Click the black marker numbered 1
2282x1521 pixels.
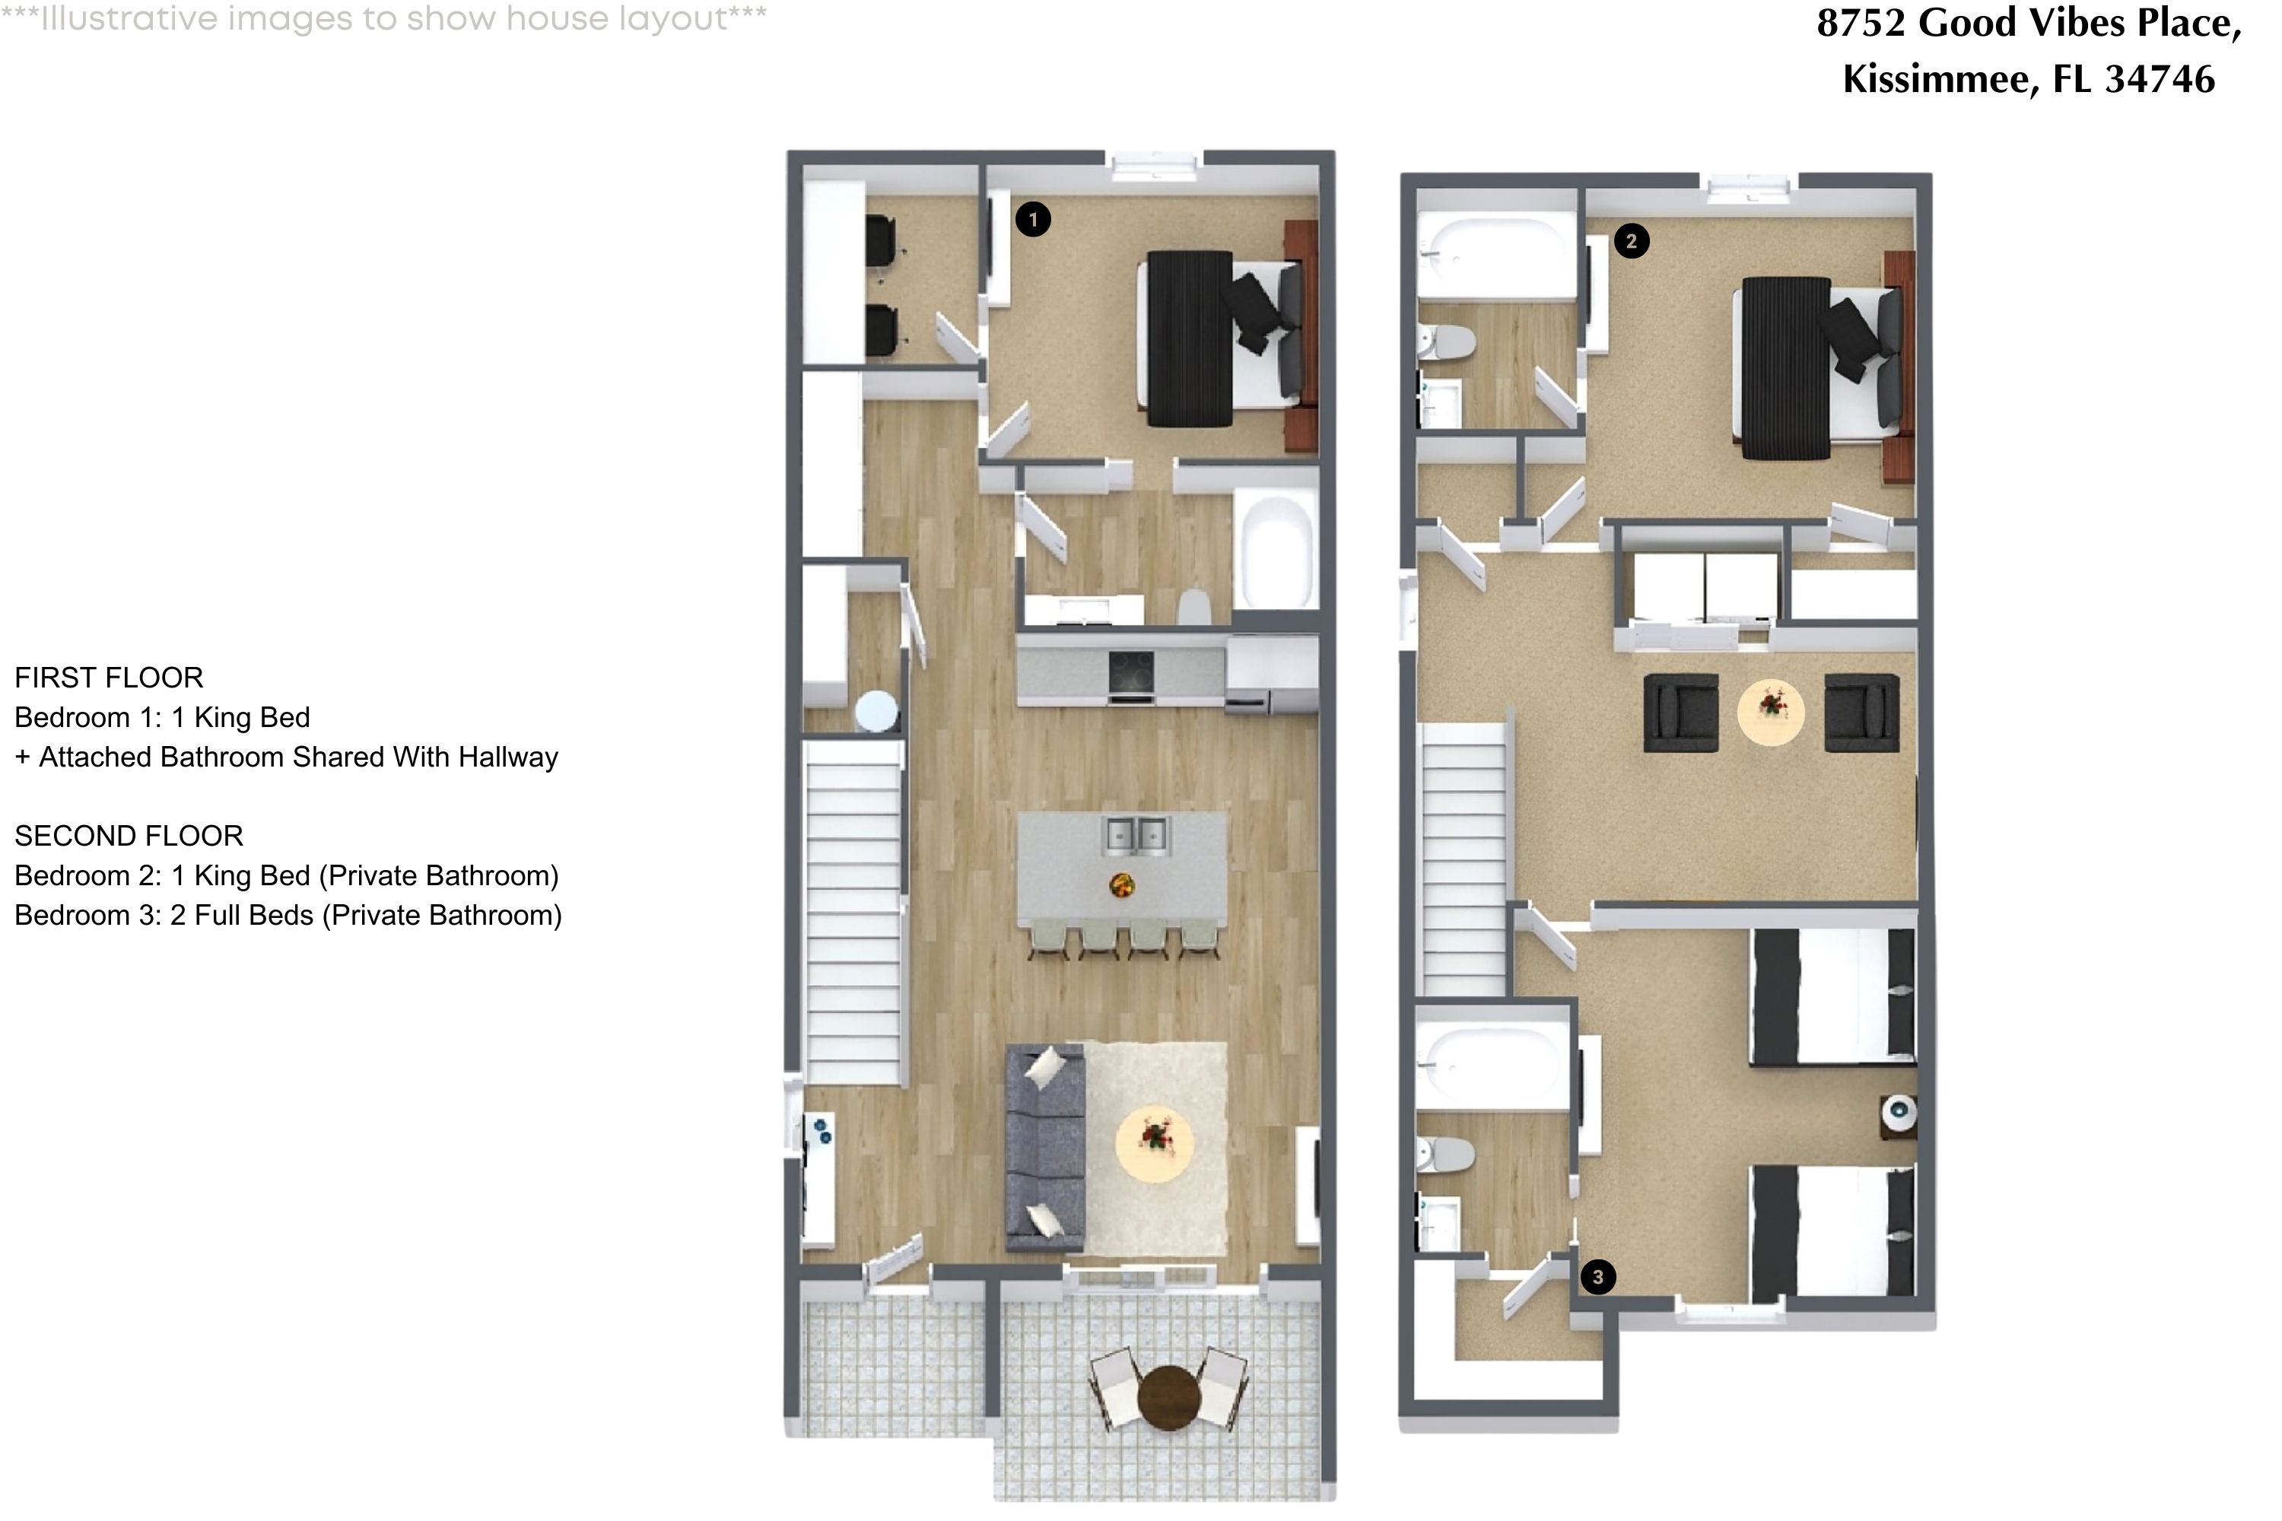pos(1032,219)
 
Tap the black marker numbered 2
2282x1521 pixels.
pos(1631,242)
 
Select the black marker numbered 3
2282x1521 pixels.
pos(1598,1278)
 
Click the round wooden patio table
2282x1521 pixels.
pos(1169,1398)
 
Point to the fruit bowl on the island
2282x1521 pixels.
pos(1121,884)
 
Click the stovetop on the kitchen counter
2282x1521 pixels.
pos(1131,673)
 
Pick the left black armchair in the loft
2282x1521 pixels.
pos(1680,713)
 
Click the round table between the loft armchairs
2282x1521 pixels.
pos(1771,711)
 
